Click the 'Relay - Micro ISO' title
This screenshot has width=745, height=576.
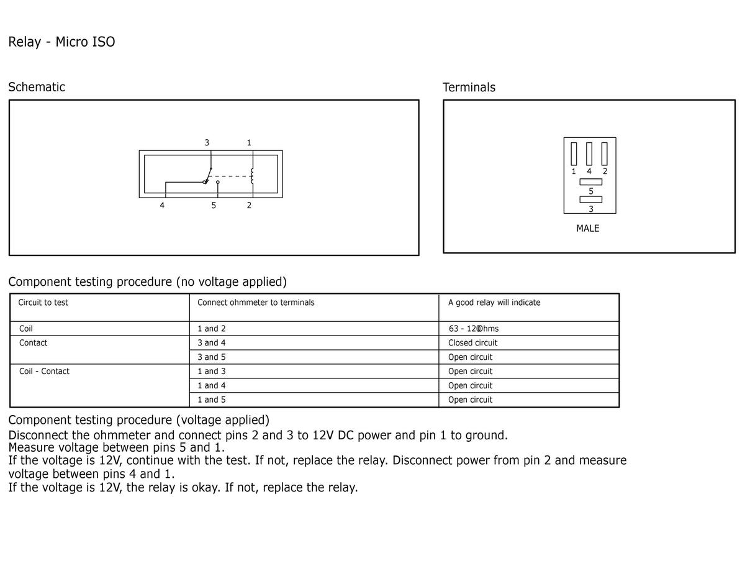click(x=61, y=42)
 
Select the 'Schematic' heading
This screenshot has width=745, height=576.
click(x=37, y=87)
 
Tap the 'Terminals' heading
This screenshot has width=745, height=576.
click(x=469, y=88)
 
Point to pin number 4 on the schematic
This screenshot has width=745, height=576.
click(x=162, y=206)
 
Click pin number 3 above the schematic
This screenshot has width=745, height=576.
click(x=207, y=142)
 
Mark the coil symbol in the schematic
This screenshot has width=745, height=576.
click(x=252, y=176)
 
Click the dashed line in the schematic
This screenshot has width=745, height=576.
click(x=230, y=176)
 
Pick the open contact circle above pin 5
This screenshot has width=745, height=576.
click(x=217, y=182)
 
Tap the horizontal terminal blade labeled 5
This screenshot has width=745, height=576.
click(x=590, y=182)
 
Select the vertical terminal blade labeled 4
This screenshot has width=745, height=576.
click(x=589, y=154)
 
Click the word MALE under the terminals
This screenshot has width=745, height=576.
click(x=588, y=229)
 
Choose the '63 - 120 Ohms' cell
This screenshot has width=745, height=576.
click(x=474, y=329)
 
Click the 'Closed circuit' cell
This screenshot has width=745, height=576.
click(x=472, y=343)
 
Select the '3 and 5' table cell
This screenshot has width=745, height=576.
click(x=212, y=357)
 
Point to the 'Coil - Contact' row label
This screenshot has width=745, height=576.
click(x=44, y=371)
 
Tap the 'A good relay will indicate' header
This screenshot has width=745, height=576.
click(x=494, y=303)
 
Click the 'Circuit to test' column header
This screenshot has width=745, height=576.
click(x=43, y=303)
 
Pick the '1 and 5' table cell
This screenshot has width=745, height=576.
click(x=212, y=400)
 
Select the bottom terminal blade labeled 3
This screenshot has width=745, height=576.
click(x=590, y=199)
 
